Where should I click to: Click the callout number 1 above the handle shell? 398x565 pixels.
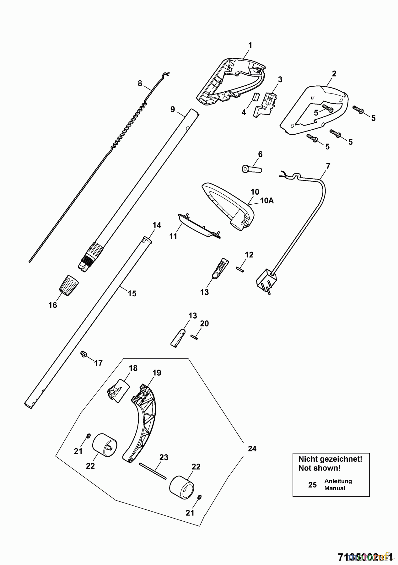(250, 46)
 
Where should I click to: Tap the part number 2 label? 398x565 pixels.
(334, 73)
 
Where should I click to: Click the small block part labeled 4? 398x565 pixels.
(255, 96)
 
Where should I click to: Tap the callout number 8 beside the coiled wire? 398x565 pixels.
(140, 83)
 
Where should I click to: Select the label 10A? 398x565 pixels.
(267, 200)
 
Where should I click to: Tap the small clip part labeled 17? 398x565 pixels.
(83, 354)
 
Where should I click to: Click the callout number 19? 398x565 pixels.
(157, 373)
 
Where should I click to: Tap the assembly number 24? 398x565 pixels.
(252, 449)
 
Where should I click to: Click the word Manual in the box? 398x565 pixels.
(335, 488)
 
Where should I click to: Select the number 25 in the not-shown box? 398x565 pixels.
(312, 485)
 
